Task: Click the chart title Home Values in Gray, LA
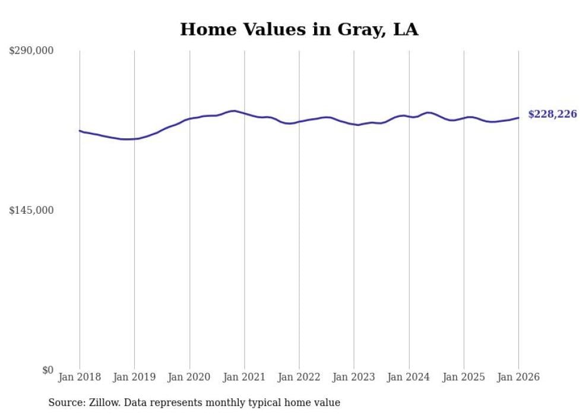click(x=299, y=29)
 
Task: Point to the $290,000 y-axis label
click(x=31, y=51)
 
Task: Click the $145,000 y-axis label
click(x=31, y=210)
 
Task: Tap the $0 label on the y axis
click(x=48, y=370)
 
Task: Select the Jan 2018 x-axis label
click(x=80, y=377)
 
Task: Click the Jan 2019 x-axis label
click(x=134, y=377)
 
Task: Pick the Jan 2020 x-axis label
click(x=189, y=377)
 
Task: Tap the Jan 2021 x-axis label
click(x=244, y=377)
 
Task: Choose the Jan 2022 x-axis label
click(x=299, y=377)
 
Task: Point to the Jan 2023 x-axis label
click(x=354, y=377)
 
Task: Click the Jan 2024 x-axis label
click(x=409, y=377)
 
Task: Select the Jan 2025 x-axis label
click(x=464, y=377)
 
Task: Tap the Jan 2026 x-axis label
click(x=518, y=377)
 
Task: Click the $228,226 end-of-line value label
click(x=552, y=114)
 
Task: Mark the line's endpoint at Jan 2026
click(x=518, y=118)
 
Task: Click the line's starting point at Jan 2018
click(x=80, y=131)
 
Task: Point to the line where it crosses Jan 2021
click(x=244, y=113)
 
